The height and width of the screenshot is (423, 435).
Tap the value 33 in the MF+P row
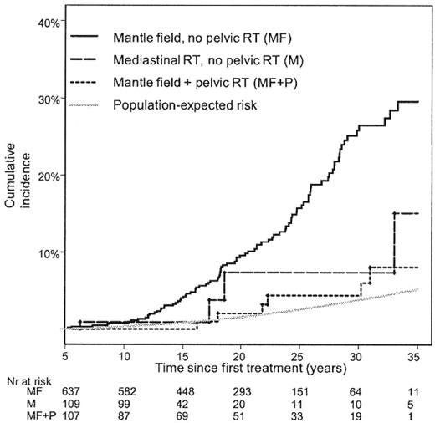coord(299,416)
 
